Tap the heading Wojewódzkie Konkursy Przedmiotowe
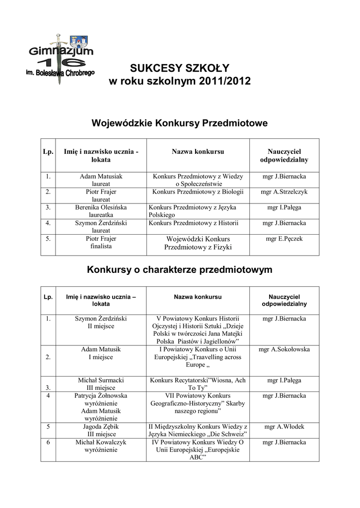[180, 123]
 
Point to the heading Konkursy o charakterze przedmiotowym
[180, 270]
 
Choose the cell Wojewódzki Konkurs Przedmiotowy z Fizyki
[198, 243]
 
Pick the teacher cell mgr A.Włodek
[285, 426]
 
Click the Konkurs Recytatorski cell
[198, 383]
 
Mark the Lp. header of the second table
[48, 297]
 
